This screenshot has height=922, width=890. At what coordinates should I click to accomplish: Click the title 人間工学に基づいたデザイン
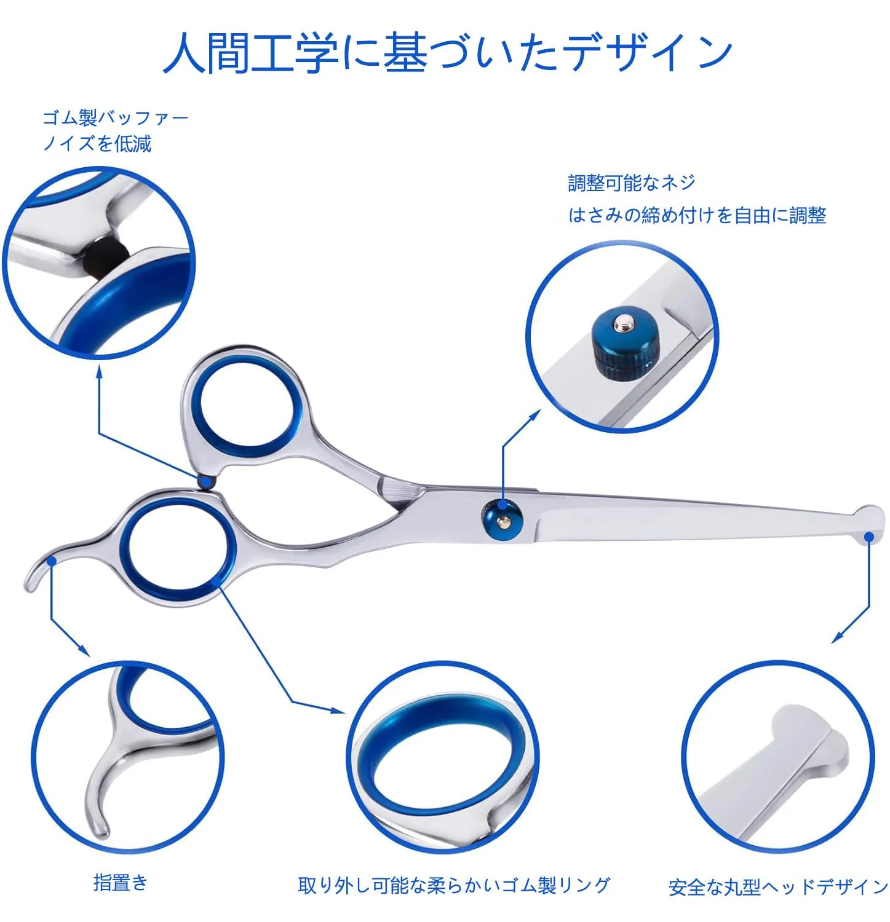(x=448, y=53)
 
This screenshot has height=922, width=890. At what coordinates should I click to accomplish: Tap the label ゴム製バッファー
(x=115, y=117)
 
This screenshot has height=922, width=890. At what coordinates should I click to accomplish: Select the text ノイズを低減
(x=97, y=143)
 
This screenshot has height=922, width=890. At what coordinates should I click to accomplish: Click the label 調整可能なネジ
(x=632, y=183)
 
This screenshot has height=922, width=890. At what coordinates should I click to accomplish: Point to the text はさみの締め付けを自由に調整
(x=697, y=215)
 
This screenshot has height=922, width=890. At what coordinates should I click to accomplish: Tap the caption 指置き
(x=121, y=883)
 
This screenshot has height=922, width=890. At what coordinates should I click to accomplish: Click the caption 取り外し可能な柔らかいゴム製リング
(x=454, y=885)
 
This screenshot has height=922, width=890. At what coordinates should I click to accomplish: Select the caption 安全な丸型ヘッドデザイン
(x=778, y=887)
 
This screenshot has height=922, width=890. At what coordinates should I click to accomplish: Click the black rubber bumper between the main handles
(x=206, y=482)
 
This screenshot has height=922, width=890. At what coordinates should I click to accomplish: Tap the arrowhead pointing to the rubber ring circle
(x=338, y=710)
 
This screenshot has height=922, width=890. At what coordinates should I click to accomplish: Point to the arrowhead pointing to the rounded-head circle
(x=838, y=637)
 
